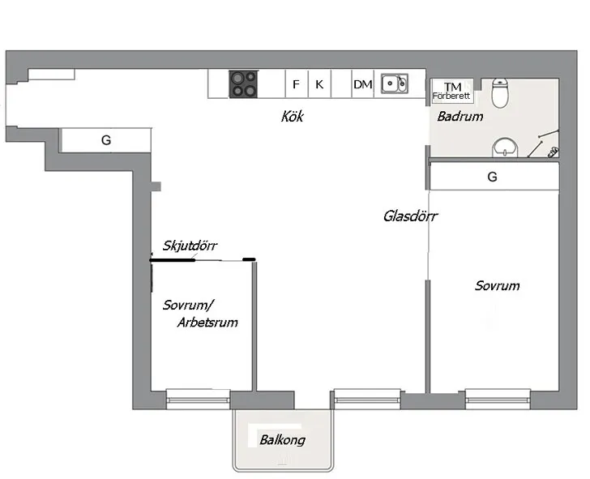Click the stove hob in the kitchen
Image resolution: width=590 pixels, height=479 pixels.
click(x=243, y=84)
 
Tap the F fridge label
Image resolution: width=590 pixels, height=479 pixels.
click(x=296, y=84)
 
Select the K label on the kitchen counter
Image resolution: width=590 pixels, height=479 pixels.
click(x=319, y=84)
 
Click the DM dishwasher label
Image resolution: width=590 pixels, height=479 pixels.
click(x=363, y=84)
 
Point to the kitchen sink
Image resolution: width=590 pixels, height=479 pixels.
click(x=395, y=83)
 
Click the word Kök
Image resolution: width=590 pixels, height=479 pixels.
click(x=292, y=116)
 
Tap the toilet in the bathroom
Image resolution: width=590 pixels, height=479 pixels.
click(x=500, y=93)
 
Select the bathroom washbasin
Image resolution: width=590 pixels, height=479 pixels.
click(x=505, y=148)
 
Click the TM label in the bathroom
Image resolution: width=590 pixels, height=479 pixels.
click(x=452, y=87)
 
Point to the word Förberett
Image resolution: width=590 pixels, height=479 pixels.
click(x=451, y=96)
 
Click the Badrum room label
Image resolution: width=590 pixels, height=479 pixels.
click(x=460, y=117)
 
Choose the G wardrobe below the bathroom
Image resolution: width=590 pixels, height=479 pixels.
click(x=492, y=177)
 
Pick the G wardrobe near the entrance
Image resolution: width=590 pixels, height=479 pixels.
click(x=106, y=140)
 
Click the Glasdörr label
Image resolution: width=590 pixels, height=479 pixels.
click(x=411, y=216)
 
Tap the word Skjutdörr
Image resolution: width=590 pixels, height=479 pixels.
click(x=190, y=246)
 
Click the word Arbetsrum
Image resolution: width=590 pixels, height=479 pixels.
click(x=207, y=323)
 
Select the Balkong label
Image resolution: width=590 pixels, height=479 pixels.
click(x=282, y=440)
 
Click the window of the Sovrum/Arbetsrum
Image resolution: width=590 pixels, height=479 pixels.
click(x=198, y=400)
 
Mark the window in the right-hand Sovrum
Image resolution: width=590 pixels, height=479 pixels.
click(x=498, y=400)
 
